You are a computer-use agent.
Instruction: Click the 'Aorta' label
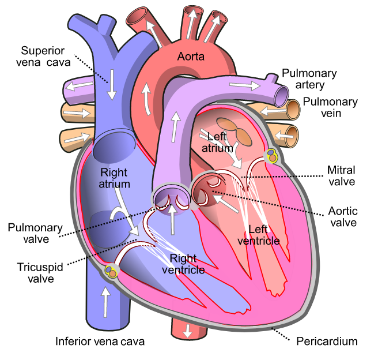[x=191, y=57]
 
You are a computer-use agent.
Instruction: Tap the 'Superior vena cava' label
[x=43, y=57]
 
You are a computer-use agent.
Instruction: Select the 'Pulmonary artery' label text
[x=309, y=79]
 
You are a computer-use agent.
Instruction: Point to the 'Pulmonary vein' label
[x=330, y=107]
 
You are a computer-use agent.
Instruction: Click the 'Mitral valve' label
[x=341, y=175]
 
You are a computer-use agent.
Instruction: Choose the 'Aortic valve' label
[x=343, y=217]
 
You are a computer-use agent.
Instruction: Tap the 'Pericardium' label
[x=327, y=342]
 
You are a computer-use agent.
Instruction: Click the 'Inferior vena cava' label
[x=100, y=342]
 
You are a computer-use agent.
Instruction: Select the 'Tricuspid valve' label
[x=40, y=273]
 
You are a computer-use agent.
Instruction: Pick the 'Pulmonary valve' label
[x=35, y=233]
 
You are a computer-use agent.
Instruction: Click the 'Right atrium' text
[x=114, y=178]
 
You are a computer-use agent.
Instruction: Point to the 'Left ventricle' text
[x=258, y=235]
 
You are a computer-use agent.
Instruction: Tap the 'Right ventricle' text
[x=183, y=264]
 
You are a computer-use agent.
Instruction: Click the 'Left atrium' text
[x=217, y=142]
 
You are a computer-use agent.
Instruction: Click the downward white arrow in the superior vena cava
[x=112, y=84]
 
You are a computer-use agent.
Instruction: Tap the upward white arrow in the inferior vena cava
[x=105, y=302]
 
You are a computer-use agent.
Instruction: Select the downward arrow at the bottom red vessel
[x=187, y=331]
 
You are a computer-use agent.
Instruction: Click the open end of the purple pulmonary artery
[x=282, y=96]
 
